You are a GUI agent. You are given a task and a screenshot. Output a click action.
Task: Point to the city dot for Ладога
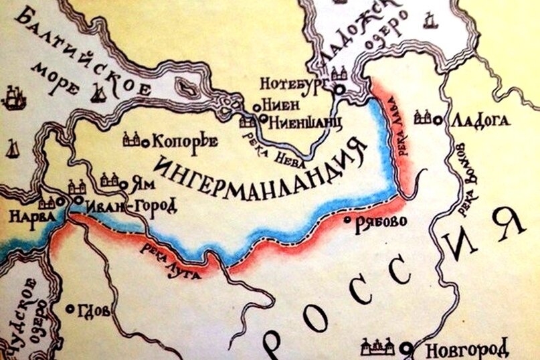tap(438, 120)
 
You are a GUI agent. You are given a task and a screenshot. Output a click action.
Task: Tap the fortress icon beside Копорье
tap(132, 139)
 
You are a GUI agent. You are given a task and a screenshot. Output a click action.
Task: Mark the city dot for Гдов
tap(71, 308)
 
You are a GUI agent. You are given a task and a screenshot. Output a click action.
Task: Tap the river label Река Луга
tap(167, 260)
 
